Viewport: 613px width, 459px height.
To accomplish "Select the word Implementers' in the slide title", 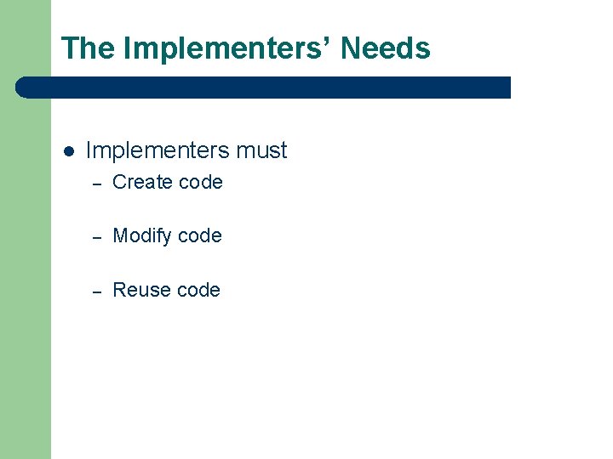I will click(x=227, y=48).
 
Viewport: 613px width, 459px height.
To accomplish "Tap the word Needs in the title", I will click(x=386, y=48).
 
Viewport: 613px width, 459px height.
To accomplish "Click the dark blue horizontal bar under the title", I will click(x=264, y=88).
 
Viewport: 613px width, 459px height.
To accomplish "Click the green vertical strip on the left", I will click(x=26, y=255).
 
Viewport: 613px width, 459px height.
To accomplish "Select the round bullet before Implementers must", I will click(x=68, y=151).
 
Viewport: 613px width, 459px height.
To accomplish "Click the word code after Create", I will click(x=200, y=182).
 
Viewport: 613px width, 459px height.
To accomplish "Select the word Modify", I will click(x=142, y=236).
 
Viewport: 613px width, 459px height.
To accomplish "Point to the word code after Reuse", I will click(x=198, y=290).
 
